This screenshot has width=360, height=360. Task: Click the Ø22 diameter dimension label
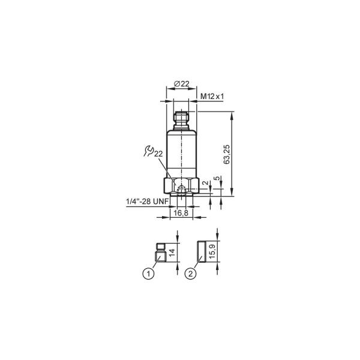click(x=182, y=84)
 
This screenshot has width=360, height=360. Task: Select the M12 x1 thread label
click(x=212, y=97)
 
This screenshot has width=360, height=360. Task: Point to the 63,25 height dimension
click(x=227, y=154)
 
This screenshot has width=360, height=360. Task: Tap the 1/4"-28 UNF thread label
click(x=148, y=202)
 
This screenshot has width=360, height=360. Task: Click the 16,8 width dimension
click(x=181, y=213)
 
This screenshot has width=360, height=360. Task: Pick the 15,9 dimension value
click(x=212, y=251)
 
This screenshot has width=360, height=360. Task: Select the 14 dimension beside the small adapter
click(x=172, y=252)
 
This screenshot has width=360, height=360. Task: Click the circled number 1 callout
click(x=148, y=274)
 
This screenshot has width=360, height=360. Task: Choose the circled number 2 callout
click(x=191, y=274)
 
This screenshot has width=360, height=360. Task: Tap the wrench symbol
click(x=149, y=151)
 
